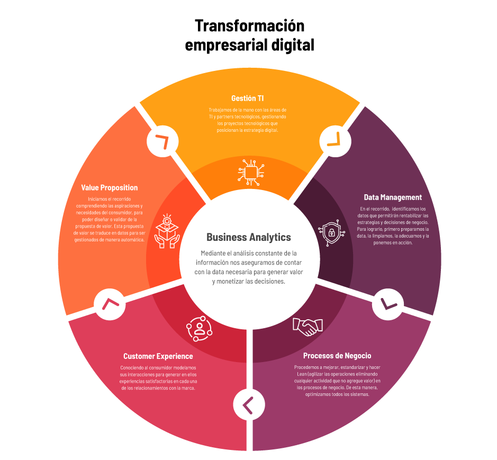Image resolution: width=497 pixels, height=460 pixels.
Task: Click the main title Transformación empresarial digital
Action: pos(249,35)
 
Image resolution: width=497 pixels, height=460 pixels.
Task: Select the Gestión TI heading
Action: pos(248,98)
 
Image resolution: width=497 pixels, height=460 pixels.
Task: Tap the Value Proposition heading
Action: pos(110,188)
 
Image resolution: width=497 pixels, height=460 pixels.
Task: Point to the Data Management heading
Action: pos(393,197)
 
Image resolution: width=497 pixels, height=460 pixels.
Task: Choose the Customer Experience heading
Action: pos(158,356)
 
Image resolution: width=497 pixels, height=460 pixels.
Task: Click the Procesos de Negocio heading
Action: pos(337,356)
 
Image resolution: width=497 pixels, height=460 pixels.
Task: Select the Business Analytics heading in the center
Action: pos(249,237)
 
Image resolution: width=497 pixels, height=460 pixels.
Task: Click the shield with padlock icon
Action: pos(331,231)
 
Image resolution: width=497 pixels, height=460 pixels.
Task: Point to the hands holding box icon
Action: pos(167,231)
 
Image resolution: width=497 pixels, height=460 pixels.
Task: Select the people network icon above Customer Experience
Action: pos(199,328)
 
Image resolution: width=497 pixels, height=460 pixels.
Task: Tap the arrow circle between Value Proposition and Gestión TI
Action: pos(162,140)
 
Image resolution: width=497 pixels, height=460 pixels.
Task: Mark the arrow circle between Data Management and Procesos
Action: pos(388,304)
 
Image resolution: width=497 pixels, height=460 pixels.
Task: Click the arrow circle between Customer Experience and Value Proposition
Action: pos(110,304)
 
